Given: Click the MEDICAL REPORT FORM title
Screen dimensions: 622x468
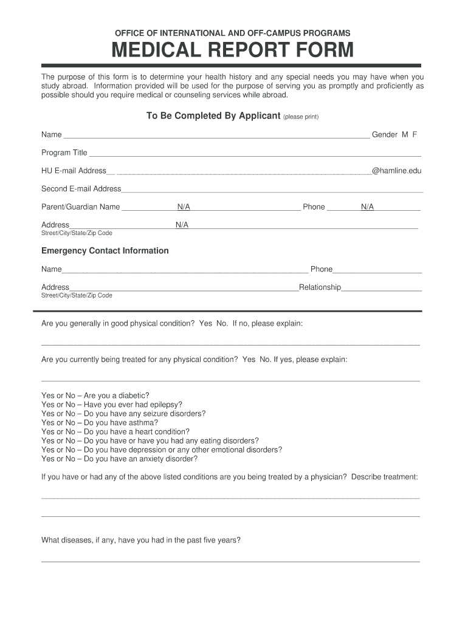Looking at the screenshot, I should click(232, 50).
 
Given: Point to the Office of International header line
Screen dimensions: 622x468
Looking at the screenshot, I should click(232, 33).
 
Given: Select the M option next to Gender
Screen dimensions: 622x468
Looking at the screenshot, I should click(404, 134).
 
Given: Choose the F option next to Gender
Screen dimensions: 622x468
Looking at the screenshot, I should click(415, 134).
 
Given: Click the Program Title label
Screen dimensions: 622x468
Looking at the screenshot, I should click(64, 152).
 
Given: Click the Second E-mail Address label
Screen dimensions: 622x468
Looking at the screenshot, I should click(81, 188).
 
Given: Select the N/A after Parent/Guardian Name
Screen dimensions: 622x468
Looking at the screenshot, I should click(184, 207).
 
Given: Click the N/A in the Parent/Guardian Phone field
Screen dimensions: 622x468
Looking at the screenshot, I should click(367, 207).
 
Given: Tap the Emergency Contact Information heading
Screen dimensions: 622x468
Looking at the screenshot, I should click(105, 251).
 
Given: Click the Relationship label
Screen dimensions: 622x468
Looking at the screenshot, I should click(320, 287).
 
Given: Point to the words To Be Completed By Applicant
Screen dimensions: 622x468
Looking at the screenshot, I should click(213, 116).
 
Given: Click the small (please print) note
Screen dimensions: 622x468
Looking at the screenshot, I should click(301, 117).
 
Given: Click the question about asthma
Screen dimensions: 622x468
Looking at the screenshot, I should click(121, 423).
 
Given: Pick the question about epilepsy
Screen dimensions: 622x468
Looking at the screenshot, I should click(132, 405).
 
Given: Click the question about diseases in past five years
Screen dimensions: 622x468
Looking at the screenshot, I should click(140, 539).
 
